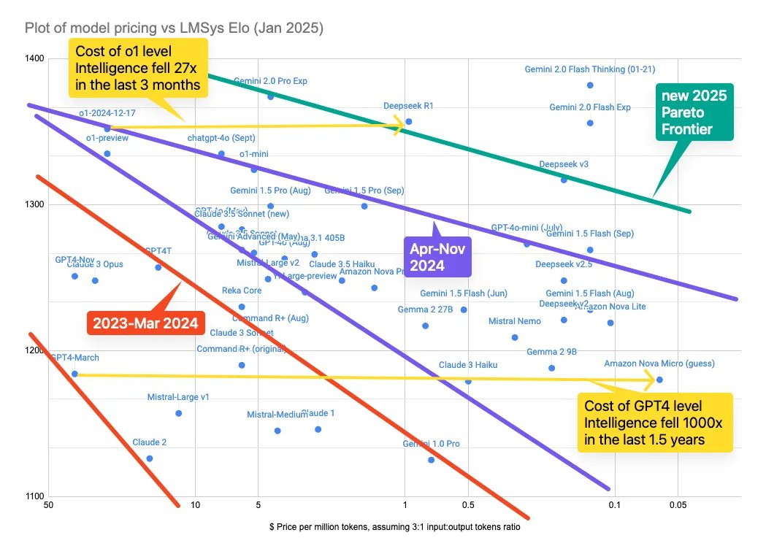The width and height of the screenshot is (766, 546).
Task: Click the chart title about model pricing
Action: pyautogui.click(x=174, y=28)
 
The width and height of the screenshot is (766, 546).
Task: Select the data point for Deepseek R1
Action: pyautogui.click(x=408, y=121)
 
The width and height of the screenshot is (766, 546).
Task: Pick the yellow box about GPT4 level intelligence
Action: pyautogui.click(x=654, y=422)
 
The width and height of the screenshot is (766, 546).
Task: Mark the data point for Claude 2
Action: pyautogui.click(x=150, y=458)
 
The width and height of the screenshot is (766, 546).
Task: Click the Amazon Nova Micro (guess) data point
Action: pyautogui.click(x=659, y=380)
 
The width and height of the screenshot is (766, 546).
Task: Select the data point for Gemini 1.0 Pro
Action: pyautogui.click(x=431, y=460)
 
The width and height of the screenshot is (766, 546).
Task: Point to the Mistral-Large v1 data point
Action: pyautogui.click(x=179, y=413)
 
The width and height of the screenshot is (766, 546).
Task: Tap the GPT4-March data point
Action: pyautogui.click(x=74, y=373)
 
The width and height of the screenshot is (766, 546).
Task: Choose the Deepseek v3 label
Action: pyautogui.click(x=563, y=164)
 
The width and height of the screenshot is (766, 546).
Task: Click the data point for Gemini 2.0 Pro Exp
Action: pyautogui.click(x=270, y=96)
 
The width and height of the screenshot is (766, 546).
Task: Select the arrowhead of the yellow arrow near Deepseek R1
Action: pyautogui.click(x=399, y=127)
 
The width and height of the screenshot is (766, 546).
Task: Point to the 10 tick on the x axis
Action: pyautogui.click(x=195, y=504)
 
